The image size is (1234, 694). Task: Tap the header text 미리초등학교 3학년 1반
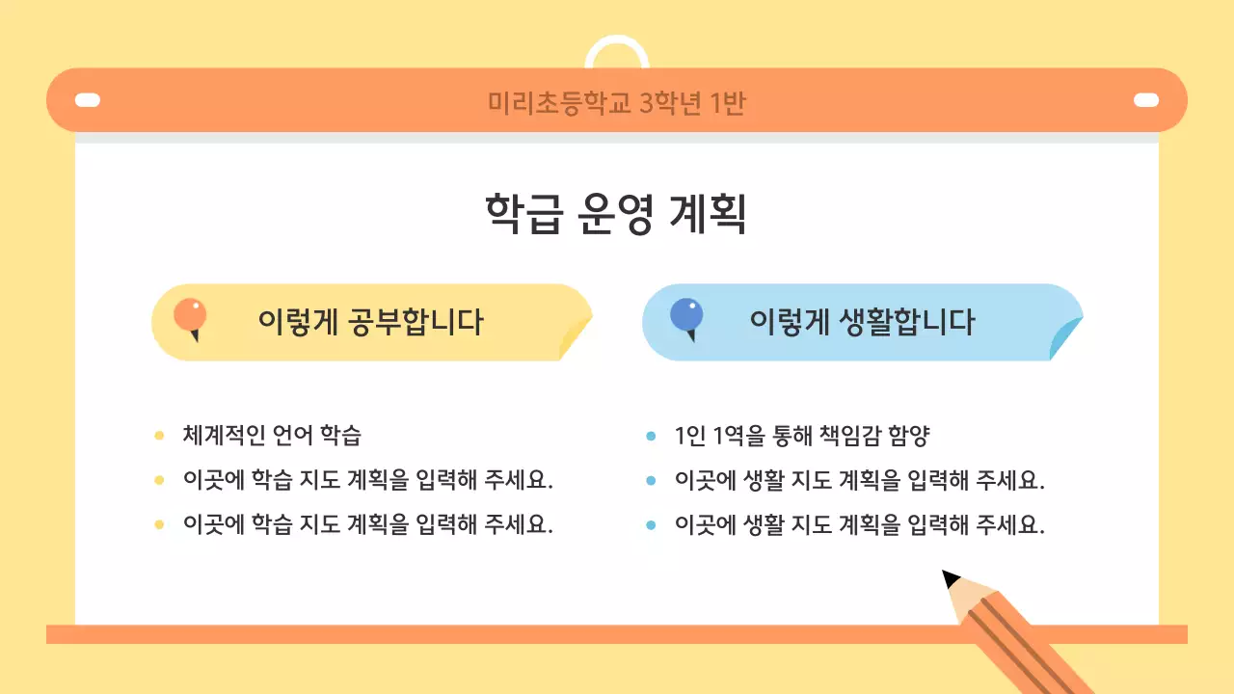tap(616, 102)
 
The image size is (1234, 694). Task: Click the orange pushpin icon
tap(190, 316)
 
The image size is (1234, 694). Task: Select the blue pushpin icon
tap(686, 316)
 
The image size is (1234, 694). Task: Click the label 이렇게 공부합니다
tap(370, 322)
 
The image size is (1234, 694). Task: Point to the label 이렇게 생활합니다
tap(862, 322)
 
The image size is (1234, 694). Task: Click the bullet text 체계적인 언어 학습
tap(272, 436)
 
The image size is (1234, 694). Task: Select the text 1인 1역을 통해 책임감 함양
tap(802, 436)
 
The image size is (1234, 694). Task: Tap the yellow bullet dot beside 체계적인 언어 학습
tap(159, 436)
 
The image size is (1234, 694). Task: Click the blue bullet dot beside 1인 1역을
tap(651, 436)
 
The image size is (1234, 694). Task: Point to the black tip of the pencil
tap(951, 578)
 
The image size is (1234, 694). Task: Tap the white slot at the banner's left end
tap(88, 100)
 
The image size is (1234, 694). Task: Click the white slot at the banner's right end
tap(1145, 100)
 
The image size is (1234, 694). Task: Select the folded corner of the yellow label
tap(576, 338)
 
